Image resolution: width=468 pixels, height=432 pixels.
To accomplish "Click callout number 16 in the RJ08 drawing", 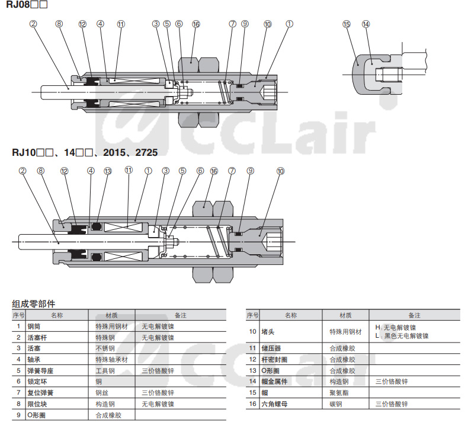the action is (196, 24).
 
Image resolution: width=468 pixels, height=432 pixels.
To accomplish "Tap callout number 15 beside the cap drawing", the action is (346, 24).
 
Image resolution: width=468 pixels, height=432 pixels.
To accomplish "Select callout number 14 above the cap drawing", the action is (366, 24).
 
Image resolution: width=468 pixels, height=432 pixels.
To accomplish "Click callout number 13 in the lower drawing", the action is (108, 171).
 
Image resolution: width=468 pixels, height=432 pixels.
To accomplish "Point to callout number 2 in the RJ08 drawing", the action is (33, 24).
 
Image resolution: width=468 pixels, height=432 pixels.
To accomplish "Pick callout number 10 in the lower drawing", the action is (280, 171).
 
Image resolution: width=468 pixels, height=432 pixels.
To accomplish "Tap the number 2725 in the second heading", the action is (146, 152).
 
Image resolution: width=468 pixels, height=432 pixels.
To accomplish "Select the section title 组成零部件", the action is (33, 304).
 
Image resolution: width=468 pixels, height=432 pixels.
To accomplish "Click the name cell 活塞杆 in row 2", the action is (37, 338).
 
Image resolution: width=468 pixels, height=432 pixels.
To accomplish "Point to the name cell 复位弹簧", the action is (40, 393).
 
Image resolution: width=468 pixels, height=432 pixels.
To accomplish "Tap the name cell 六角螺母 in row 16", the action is (274, 404).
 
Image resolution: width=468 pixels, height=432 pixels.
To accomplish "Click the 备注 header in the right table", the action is (414, 315).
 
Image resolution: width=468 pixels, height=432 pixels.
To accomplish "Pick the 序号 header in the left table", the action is (18, 315).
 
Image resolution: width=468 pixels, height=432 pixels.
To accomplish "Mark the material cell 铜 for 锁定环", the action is (99, 382).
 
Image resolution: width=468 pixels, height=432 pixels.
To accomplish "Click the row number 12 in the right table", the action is (252, 360).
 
